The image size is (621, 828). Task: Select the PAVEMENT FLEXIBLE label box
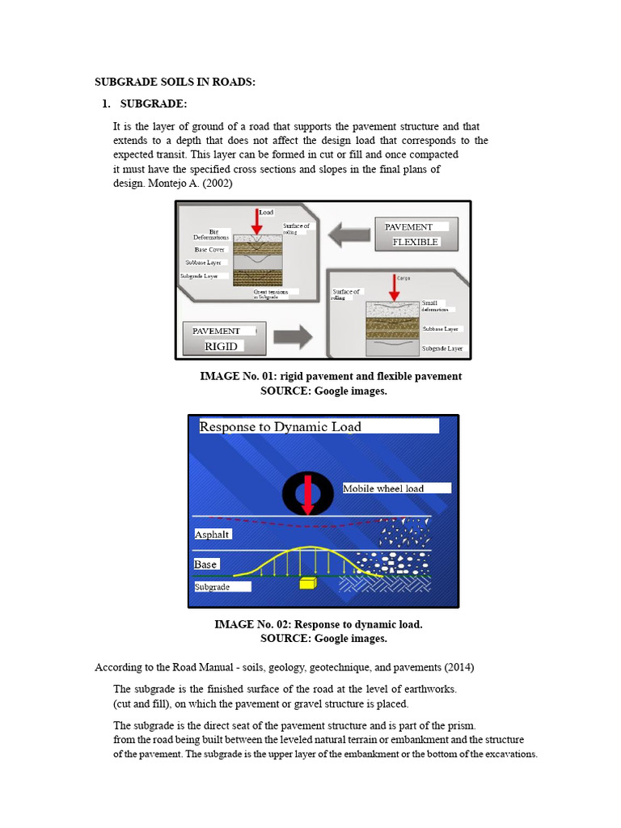[416, 234]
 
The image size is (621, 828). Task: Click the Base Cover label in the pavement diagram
[209, 250]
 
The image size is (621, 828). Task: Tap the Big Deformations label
[211, 234]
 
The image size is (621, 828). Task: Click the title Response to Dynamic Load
[281, 426]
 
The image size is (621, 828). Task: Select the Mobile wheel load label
[383, 488]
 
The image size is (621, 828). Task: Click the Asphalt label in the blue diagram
[212, 534]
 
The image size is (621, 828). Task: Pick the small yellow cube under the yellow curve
[307, 583]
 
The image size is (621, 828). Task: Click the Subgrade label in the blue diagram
[212, 587]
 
